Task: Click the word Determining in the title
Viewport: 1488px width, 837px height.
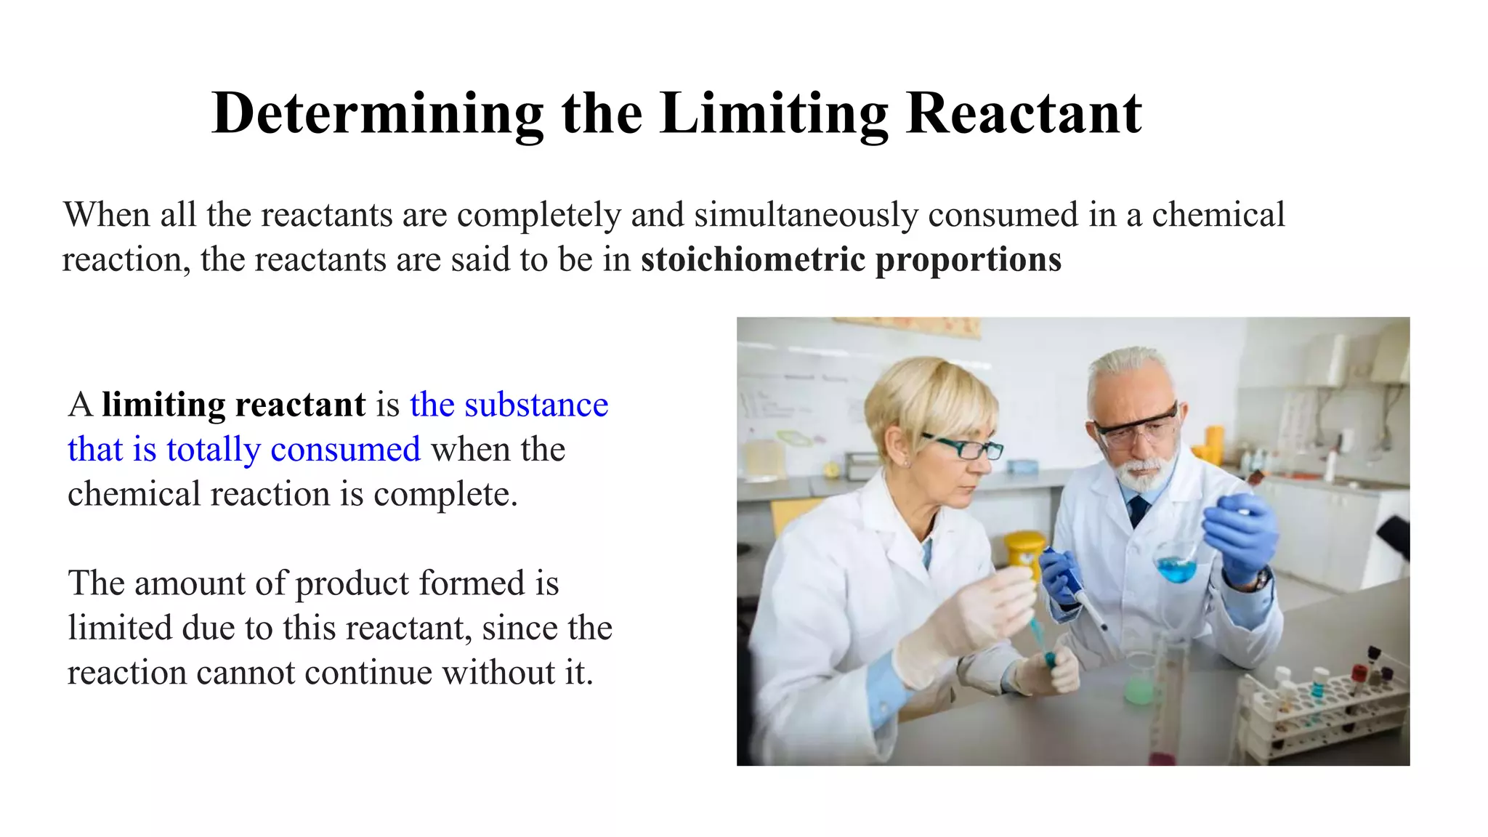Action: pyautogui.click(x=377, y=114)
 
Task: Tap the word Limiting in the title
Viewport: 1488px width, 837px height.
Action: pyautogui.click(x=774, y=114)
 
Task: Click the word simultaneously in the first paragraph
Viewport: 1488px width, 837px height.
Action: pyautogui.click(x=806, y=215)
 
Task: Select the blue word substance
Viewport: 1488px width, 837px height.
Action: pyautogui.click(x=536, y=405)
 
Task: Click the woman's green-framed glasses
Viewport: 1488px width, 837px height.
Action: pyautogui.click(x=962, y=447)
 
